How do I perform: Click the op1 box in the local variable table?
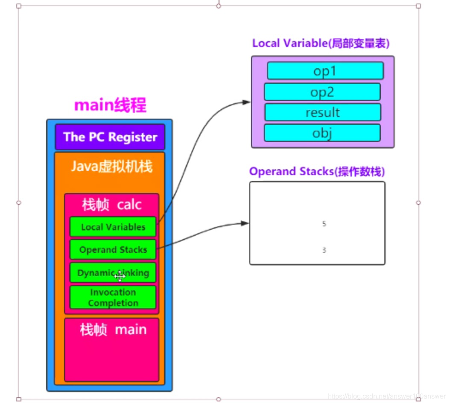point(325,71)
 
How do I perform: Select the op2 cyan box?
point(322,92)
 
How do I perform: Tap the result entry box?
point(322,112)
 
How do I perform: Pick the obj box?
point(322,133)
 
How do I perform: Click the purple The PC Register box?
point(110,137)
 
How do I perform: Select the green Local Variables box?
point(113,227)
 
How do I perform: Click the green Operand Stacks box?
point(113,250)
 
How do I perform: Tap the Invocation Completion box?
point(113,298)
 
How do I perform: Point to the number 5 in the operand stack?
point(324,224)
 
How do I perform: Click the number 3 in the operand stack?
point(324,250)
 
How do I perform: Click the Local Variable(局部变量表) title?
point(321,43)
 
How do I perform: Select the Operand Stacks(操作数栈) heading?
point(317,171)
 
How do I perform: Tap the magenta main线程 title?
point(110,105)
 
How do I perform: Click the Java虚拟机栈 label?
point(111,166)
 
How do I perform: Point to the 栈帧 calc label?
point(111,205)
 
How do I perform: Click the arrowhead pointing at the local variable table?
point(246,102)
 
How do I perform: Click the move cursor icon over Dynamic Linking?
point(120,276)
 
